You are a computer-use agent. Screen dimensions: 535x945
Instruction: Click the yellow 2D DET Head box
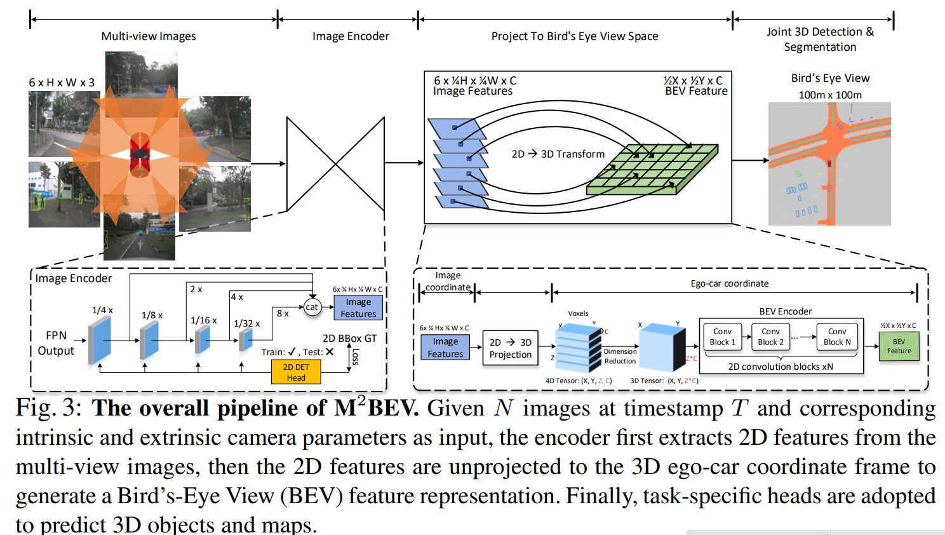[x=295, y=372]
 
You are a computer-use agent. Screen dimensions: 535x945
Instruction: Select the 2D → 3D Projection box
[x=510, y=348]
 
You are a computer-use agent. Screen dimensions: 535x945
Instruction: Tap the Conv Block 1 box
[x=723, y=337]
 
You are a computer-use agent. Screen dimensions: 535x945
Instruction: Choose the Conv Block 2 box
[x=770, y=337]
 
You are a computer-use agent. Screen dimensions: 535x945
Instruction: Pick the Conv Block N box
[x=837, y=337]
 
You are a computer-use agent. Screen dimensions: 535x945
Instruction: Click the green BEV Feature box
[x=899, y=346]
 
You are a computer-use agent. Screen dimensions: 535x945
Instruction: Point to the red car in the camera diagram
[x=140, y=154]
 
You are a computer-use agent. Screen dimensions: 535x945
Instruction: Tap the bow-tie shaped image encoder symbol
[x=335, y=164]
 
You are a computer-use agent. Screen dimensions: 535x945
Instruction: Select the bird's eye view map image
[x=829, y=164]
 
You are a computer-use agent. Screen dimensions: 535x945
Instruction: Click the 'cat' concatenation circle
[x=311, y=308]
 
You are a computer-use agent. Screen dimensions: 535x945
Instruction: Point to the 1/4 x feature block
[x=100, y=340]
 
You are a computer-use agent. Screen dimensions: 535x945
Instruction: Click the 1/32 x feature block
[x=245, y=340]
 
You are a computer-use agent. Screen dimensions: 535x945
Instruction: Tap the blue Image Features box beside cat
[x=358, y=308]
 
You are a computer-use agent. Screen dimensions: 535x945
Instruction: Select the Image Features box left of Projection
[x=445, y=348]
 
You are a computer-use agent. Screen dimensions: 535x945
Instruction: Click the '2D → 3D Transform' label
[x=558, y=154]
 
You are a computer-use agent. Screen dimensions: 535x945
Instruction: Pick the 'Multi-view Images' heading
[x=149, y=36]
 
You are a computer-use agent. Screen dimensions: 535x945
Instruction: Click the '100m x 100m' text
[x=830, y=95]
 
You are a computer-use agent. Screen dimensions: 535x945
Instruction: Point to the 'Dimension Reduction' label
[x=620, y=356]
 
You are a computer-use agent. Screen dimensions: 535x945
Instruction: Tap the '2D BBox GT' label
[x=349, y=338]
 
